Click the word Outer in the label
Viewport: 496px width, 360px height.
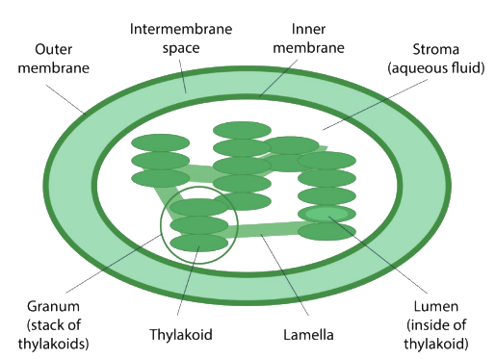(x=53, y=49)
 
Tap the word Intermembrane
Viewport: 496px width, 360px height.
(x=181, y=29)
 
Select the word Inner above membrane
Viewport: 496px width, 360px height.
(x=308, y=29)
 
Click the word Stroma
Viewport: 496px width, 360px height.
(x=435, y=49)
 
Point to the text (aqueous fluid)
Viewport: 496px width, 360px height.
(x=435, y=68)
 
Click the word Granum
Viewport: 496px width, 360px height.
(x=53, y=306)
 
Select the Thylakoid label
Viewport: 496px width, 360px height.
(x=181, y=334)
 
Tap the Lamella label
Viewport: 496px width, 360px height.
(x=308, y=335)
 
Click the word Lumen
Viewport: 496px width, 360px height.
(x=435, y=306)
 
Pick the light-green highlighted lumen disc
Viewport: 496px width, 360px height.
(x=326, y=214)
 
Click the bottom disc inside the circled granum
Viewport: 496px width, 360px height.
(x=198, y=243)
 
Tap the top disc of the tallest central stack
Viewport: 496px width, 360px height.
(x=242, y=130)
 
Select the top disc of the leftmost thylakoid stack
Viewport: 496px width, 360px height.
(x=160, y=142)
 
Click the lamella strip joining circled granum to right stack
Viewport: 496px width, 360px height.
(x=263, y=230)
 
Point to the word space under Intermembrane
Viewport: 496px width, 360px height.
(x=181, y=48)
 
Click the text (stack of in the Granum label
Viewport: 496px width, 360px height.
(x=53, y=325)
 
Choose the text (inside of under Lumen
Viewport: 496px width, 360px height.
(x=436, y=325)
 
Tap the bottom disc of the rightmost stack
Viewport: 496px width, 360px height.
(x=326, y=232)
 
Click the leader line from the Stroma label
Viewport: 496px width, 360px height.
(x=375, y=105)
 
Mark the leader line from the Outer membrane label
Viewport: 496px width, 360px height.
(x=65, y=99)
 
